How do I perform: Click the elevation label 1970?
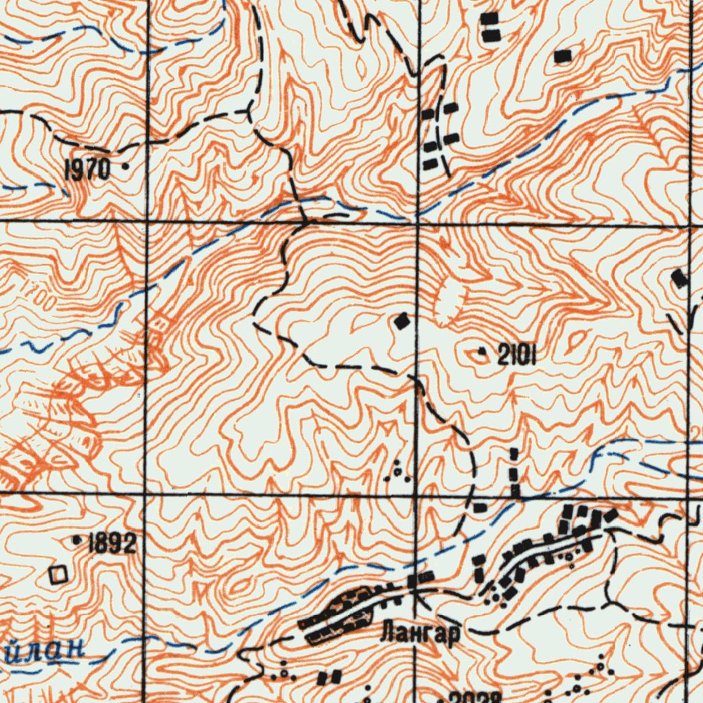point(87,170)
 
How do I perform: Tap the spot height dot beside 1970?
point(125,166)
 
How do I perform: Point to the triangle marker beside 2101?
point(481,352)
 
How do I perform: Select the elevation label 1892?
point(112,544)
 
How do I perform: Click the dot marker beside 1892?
point(76,540)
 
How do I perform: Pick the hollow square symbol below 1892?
point(59,575)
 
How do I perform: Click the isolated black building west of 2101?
point(402,320)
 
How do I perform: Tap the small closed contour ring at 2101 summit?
point(476,355)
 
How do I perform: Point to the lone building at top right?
point(562,57)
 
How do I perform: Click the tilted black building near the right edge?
point(679,278)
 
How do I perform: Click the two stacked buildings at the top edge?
point(489,27)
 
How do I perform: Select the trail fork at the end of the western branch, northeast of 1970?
point(249,110)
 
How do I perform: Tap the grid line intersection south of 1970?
point(146,221)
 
